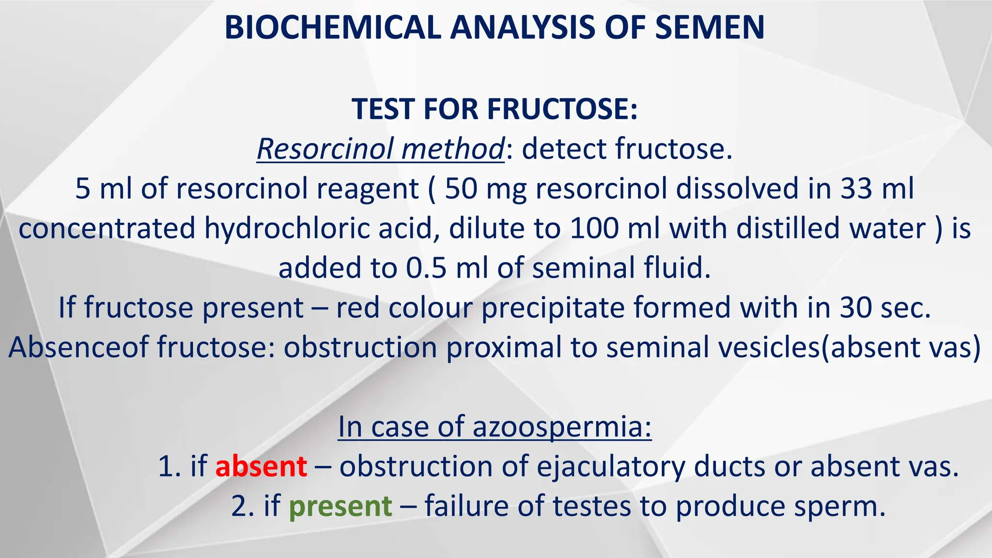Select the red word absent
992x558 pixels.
261,467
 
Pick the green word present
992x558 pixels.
340,507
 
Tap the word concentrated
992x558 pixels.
107,228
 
